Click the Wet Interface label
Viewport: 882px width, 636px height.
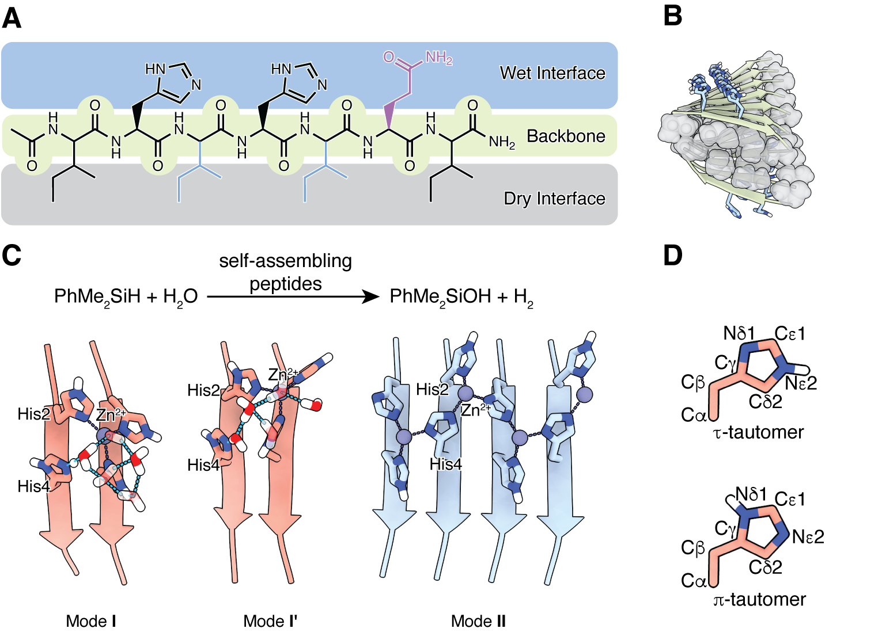[552, 73]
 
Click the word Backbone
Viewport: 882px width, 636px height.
[566, 136]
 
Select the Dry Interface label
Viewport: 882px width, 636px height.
[554, 199]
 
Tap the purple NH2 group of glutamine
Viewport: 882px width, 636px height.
[438, 58]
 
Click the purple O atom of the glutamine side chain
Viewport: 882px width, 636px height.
[389, 56]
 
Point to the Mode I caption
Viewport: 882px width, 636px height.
[91, 621]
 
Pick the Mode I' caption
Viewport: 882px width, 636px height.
[270, 621]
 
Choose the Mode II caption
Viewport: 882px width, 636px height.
[479, 621]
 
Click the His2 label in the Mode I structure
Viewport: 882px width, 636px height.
[33, 414]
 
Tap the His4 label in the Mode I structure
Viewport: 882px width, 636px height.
[33, 486]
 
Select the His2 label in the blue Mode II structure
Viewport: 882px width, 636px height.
[431, 390]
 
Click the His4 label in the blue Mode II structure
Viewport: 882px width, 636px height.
[445, 464]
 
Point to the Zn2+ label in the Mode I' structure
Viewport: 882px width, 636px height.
[282, 375]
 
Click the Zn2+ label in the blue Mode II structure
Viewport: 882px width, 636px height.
[475, 410]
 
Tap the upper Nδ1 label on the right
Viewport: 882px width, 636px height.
[739, 333]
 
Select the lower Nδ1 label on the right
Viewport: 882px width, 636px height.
[751, 494]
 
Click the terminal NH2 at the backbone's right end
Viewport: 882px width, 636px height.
[501, 142]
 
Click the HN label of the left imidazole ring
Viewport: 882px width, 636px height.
[155, 69]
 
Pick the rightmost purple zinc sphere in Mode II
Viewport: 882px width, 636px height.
[584, 395]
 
